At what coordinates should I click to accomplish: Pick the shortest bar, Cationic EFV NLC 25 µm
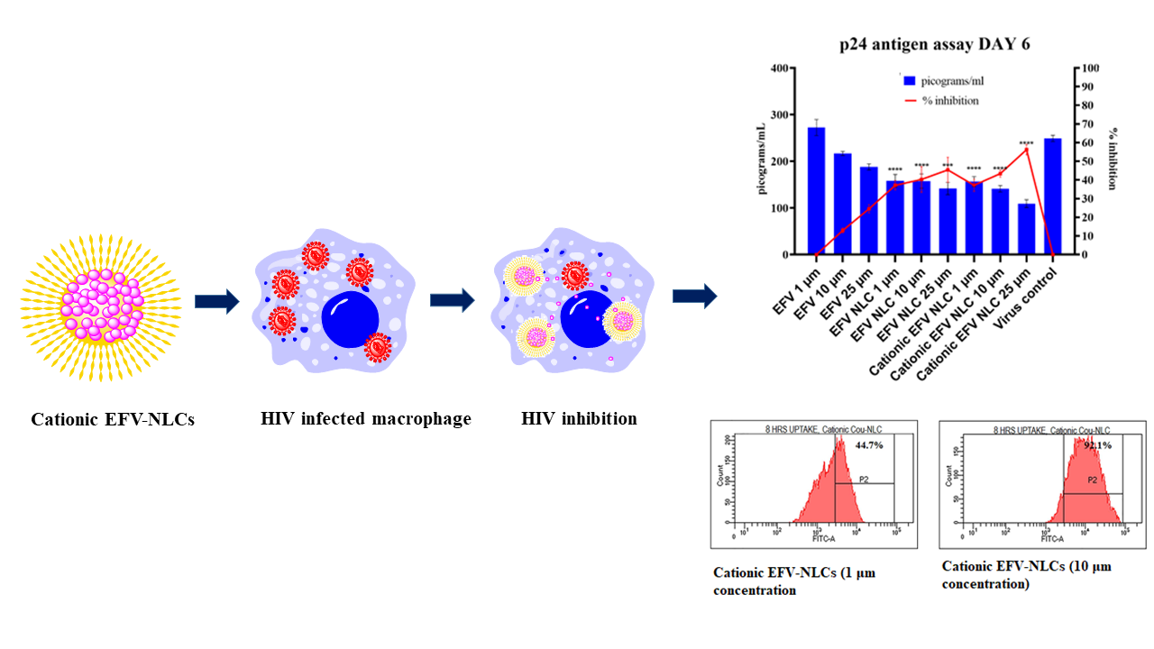click(x=1026, y=229)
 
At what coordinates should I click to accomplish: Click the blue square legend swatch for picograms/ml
click(x=909, y=81)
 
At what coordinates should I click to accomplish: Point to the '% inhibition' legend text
click(x=950, y=100)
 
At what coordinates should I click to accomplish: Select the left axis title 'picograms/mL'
click(x=763, y=159)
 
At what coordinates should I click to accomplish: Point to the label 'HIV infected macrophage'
click(x=366, y=419)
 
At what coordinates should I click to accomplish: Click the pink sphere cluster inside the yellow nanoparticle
click(x=101, y=306)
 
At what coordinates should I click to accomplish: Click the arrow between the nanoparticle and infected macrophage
click(x=217, y=302)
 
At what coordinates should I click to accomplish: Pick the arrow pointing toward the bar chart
click(x=695, y=296)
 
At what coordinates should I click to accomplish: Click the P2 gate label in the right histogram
click(x=1092, y=480)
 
